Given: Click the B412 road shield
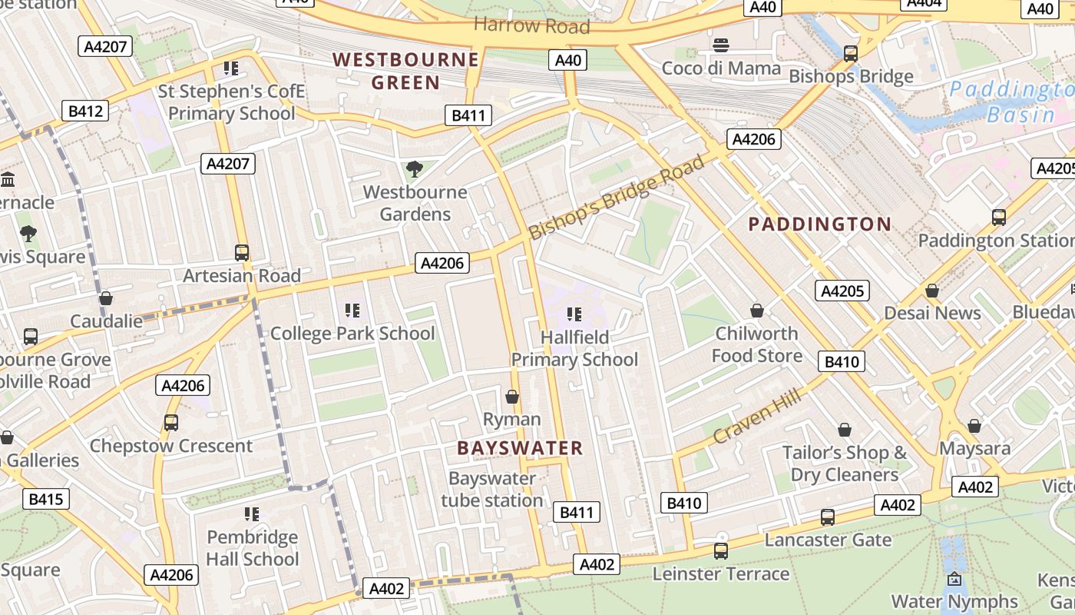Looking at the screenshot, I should (85, 111).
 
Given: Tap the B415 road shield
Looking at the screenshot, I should (45, 499).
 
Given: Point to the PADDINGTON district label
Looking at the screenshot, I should (819, 224).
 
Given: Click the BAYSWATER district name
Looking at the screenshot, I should (520, 448).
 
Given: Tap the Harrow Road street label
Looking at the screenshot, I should (531, 25).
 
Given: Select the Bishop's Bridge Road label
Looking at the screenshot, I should (617, 198).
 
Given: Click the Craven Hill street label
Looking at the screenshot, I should (757, 416).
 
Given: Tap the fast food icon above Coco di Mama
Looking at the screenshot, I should (721, 45).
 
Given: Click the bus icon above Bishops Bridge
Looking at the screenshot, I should (850, 54).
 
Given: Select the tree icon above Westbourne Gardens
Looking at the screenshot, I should (415, 168).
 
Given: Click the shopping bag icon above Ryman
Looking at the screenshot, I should (512, 397).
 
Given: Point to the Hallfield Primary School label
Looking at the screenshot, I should (574, 348).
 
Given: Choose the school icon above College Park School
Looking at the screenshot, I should (352, 311).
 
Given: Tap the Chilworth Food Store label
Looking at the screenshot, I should (756, 344).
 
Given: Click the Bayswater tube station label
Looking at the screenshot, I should (491, 489).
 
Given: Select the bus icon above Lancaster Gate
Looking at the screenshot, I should (827, 517).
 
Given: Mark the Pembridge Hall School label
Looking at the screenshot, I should (252, 547).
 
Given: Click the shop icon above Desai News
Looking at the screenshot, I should (931, 291).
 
